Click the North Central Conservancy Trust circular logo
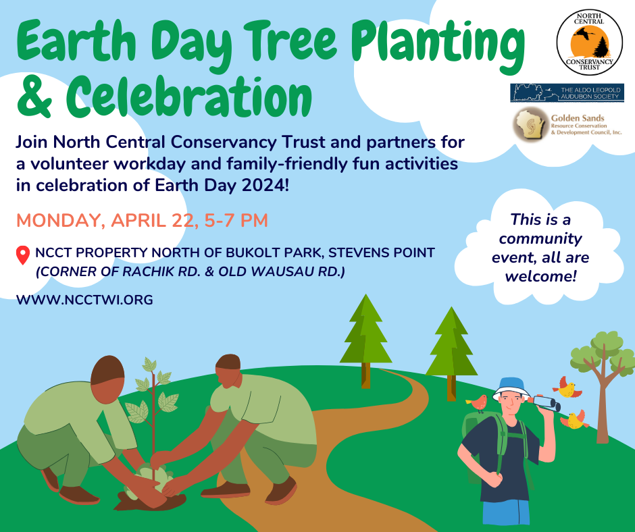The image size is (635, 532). tap(589, 43)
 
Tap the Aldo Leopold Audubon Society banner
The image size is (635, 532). tap(567, 92)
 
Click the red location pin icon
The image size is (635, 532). tap(23, 255)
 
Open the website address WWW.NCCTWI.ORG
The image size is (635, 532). tap(84, 300)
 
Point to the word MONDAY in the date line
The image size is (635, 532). tap(58, 221)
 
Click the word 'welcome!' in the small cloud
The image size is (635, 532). tap(540, 277)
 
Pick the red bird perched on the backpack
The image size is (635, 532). tap(477, 403)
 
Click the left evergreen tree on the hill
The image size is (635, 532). tap(365, 341)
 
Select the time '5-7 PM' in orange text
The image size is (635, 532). tap(236, 221)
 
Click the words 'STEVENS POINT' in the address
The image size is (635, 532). tap(382, 252)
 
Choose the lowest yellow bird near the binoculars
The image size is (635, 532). tap(575, 420)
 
